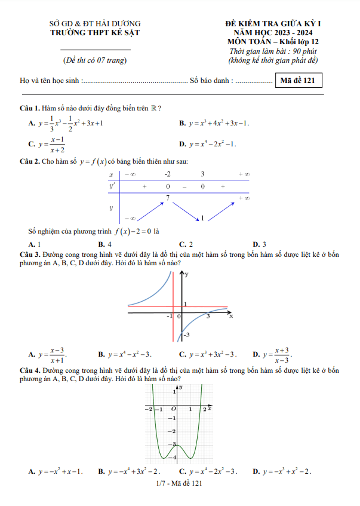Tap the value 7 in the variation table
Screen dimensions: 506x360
click(168, 197)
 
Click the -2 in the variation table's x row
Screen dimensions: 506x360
click(168, 174)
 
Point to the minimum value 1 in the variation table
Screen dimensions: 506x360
click(202, 219)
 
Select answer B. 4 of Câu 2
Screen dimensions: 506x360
click(106, 244)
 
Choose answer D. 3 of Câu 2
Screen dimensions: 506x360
click(260, 244)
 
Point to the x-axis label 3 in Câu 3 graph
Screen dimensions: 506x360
click(208, 316)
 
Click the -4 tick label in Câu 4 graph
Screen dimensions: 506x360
click(171, 458)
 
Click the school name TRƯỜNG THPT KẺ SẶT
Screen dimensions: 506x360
click(96, 33)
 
